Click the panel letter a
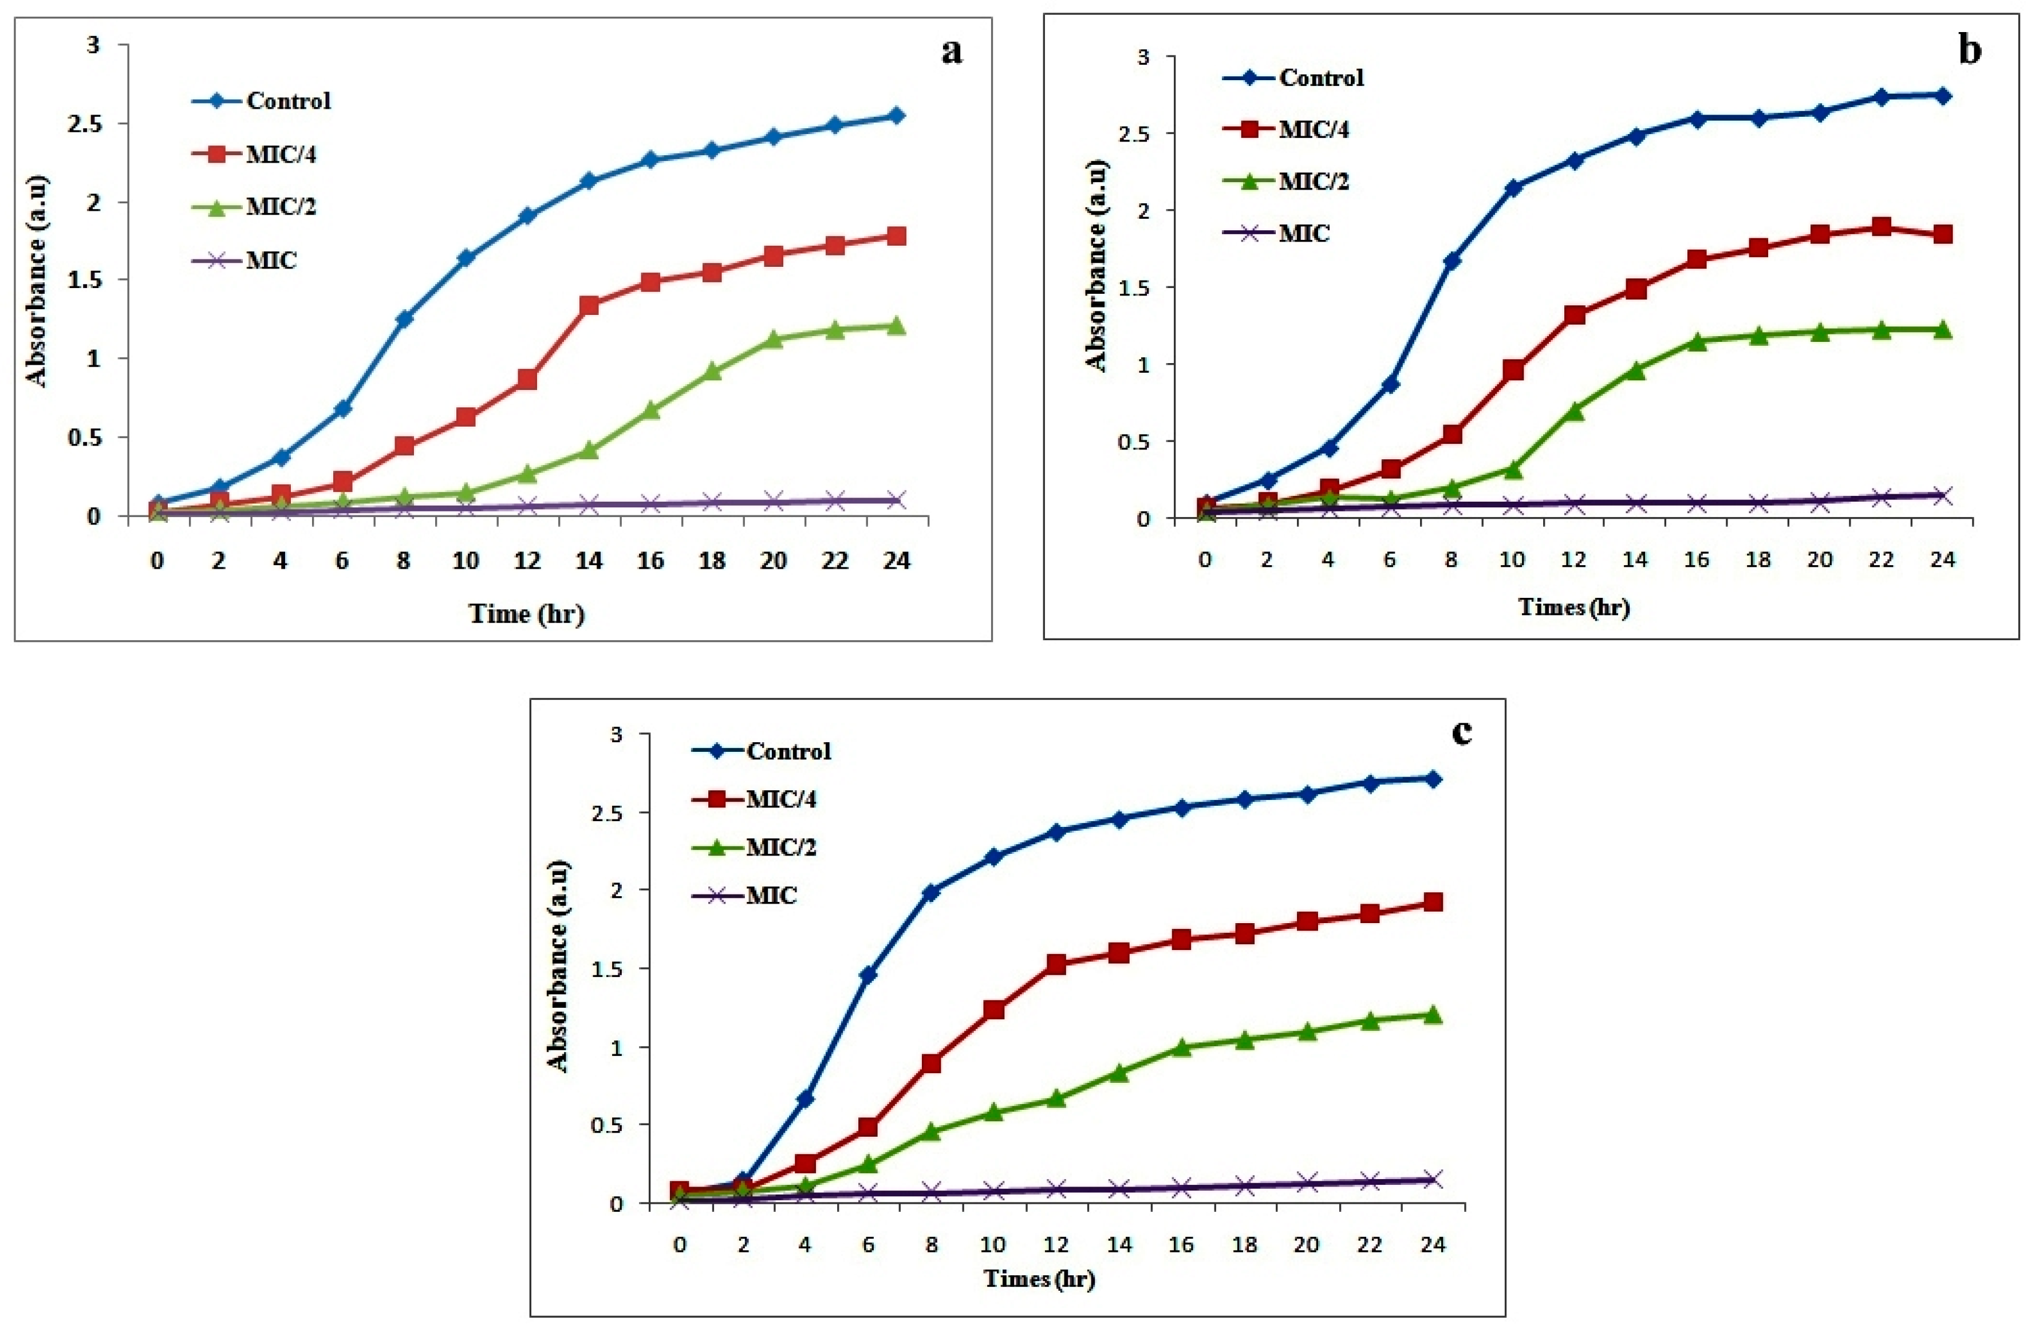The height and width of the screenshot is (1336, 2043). (x=951, y=52)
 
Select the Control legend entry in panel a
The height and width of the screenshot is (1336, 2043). (x=287, y=100)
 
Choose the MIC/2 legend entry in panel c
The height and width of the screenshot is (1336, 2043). (x=780, y=848)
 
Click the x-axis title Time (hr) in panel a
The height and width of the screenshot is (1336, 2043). (x=526, y=613)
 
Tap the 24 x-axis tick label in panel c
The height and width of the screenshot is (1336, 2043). (x=1432, y=1244)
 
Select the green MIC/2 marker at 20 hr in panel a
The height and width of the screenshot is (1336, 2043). (x=774, y=339)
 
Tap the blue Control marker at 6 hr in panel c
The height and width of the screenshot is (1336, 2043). (x=868, y=975)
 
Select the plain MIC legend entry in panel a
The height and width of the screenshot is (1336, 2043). (x=271, y=259)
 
